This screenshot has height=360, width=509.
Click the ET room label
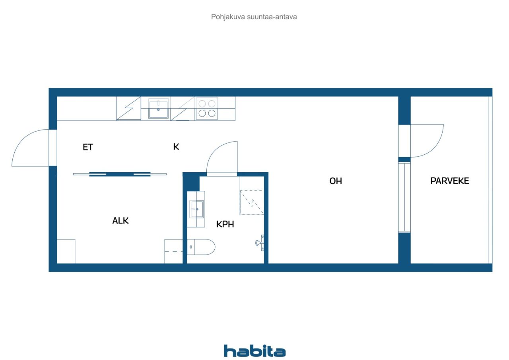pos(88,147)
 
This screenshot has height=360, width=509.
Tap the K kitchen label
pos(176,147)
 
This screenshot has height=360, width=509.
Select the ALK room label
pos(120,220)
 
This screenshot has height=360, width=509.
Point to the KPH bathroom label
pos(225,224)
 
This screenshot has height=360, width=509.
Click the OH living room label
pos(336,181)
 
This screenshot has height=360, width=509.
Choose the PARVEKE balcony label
pos(450,181)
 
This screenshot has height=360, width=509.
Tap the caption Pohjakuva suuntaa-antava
pos(254,17)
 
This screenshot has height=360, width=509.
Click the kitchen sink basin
pos(158,109)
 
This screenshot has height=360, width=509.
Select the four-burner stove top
pos(207,109)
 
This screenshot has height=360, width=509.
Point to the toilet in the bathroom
pos(201,247)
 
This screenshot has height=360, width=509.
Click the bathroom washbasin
pos(197,209)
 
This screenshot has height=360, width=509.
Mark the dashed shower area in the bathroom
pos(252,202)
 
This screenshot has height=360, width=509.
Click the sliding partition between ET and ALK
pos(120,174)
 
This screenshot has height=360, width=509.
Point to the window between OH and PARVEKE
pos(404,197)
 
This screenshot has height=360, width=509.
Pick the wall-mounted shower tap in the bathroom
pos(260,243)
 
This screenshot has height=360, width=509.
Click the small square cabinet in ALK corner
pos(66,251)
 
